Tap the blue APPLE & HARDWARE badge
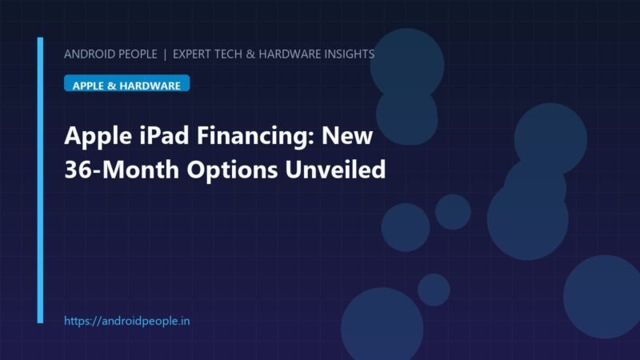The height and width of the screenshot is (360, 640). point(127,83)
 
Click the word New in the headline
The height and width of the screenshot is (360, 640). point(347,135)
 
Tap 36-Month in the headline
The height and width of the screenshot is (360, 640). point(122,169)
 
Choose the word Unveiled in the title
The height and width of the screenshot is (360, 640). point(335,169)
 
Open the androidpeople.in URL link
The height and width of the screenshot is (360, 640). point(127,322)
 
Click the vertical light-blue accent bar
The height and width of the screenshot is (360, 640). point(40,181)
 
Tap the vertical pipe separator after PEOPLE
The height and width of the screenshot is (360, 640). point(165,54)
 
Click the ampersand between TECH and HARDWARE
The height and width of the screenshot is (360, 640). point(250,54)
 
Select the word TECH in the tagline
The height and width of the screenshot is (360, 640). point(228,54)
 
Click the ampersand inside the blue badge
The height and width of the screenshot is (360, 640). point(111,86)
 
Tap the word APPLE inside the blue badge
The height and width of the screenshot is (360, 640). point(88,86)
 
